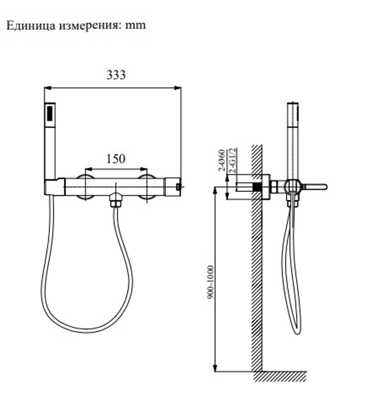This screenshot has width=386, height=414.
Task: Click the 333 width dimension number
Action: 116,75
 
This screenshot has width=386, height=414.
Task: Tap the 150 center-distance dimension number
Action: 116,158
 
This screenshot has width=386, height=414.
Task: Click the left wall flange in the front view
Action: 85,187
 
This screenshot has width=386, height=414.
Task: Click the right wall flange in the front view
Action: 147,187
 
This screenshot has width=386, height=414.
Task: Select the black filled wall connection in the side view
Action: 257,187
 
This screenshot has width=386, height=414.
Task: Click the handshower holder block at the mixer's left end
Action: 54,187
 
